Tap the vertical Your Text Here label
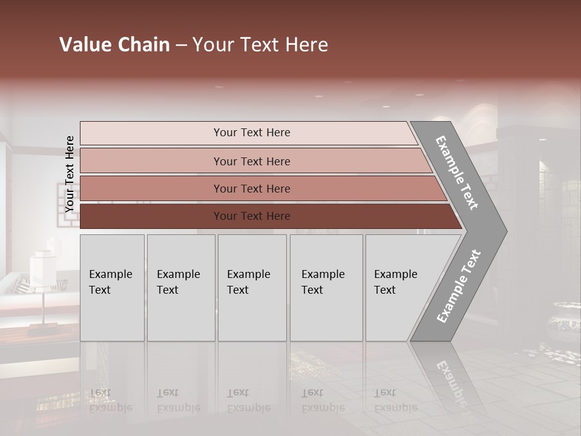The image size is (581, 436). pyautogui.click(x=70, y=174)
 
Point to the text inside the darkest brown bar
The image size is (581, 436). pyautogui.click(x=252, y=216)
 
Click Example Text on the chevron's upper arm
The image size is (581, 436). pyautogui.click(x=457, y=173)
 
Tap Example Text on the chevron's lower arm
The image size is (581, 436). pyautogui.click(x=459, y=286)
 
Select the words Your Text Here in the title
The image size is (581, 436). pyautogui.click(x=260, y=45)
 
